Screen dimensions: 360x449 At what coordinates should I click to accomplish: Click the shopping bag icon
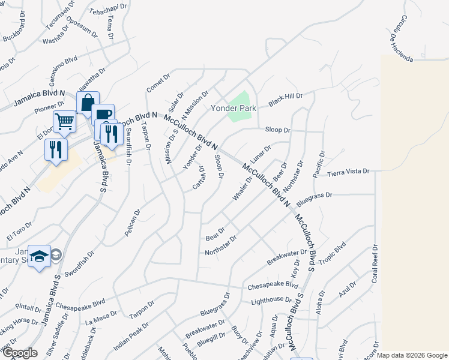pyautogui.click(x=88, y=103)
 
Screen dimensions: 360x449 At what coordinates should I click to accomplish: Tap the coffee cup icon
pyautogui.click(x=103, y=115)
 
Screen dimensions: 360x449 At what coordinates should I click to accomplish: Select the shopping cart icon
pyautogui.click(x=65, y=122)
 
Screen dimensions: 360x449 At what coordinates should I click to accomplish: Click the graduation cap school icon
pyautogui.click(x=39, y=256)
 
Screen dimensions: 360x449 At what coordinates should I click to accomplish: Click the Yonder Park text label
pyautogui.click(x=233, y=109)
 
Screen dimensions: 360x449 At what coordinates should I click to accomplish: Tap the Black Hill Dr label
pyautogui.click(x=285, y=100)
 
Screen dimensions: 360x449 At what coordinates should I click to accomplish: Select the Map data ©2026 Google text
pyautogui.click(x=412, y=355)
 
